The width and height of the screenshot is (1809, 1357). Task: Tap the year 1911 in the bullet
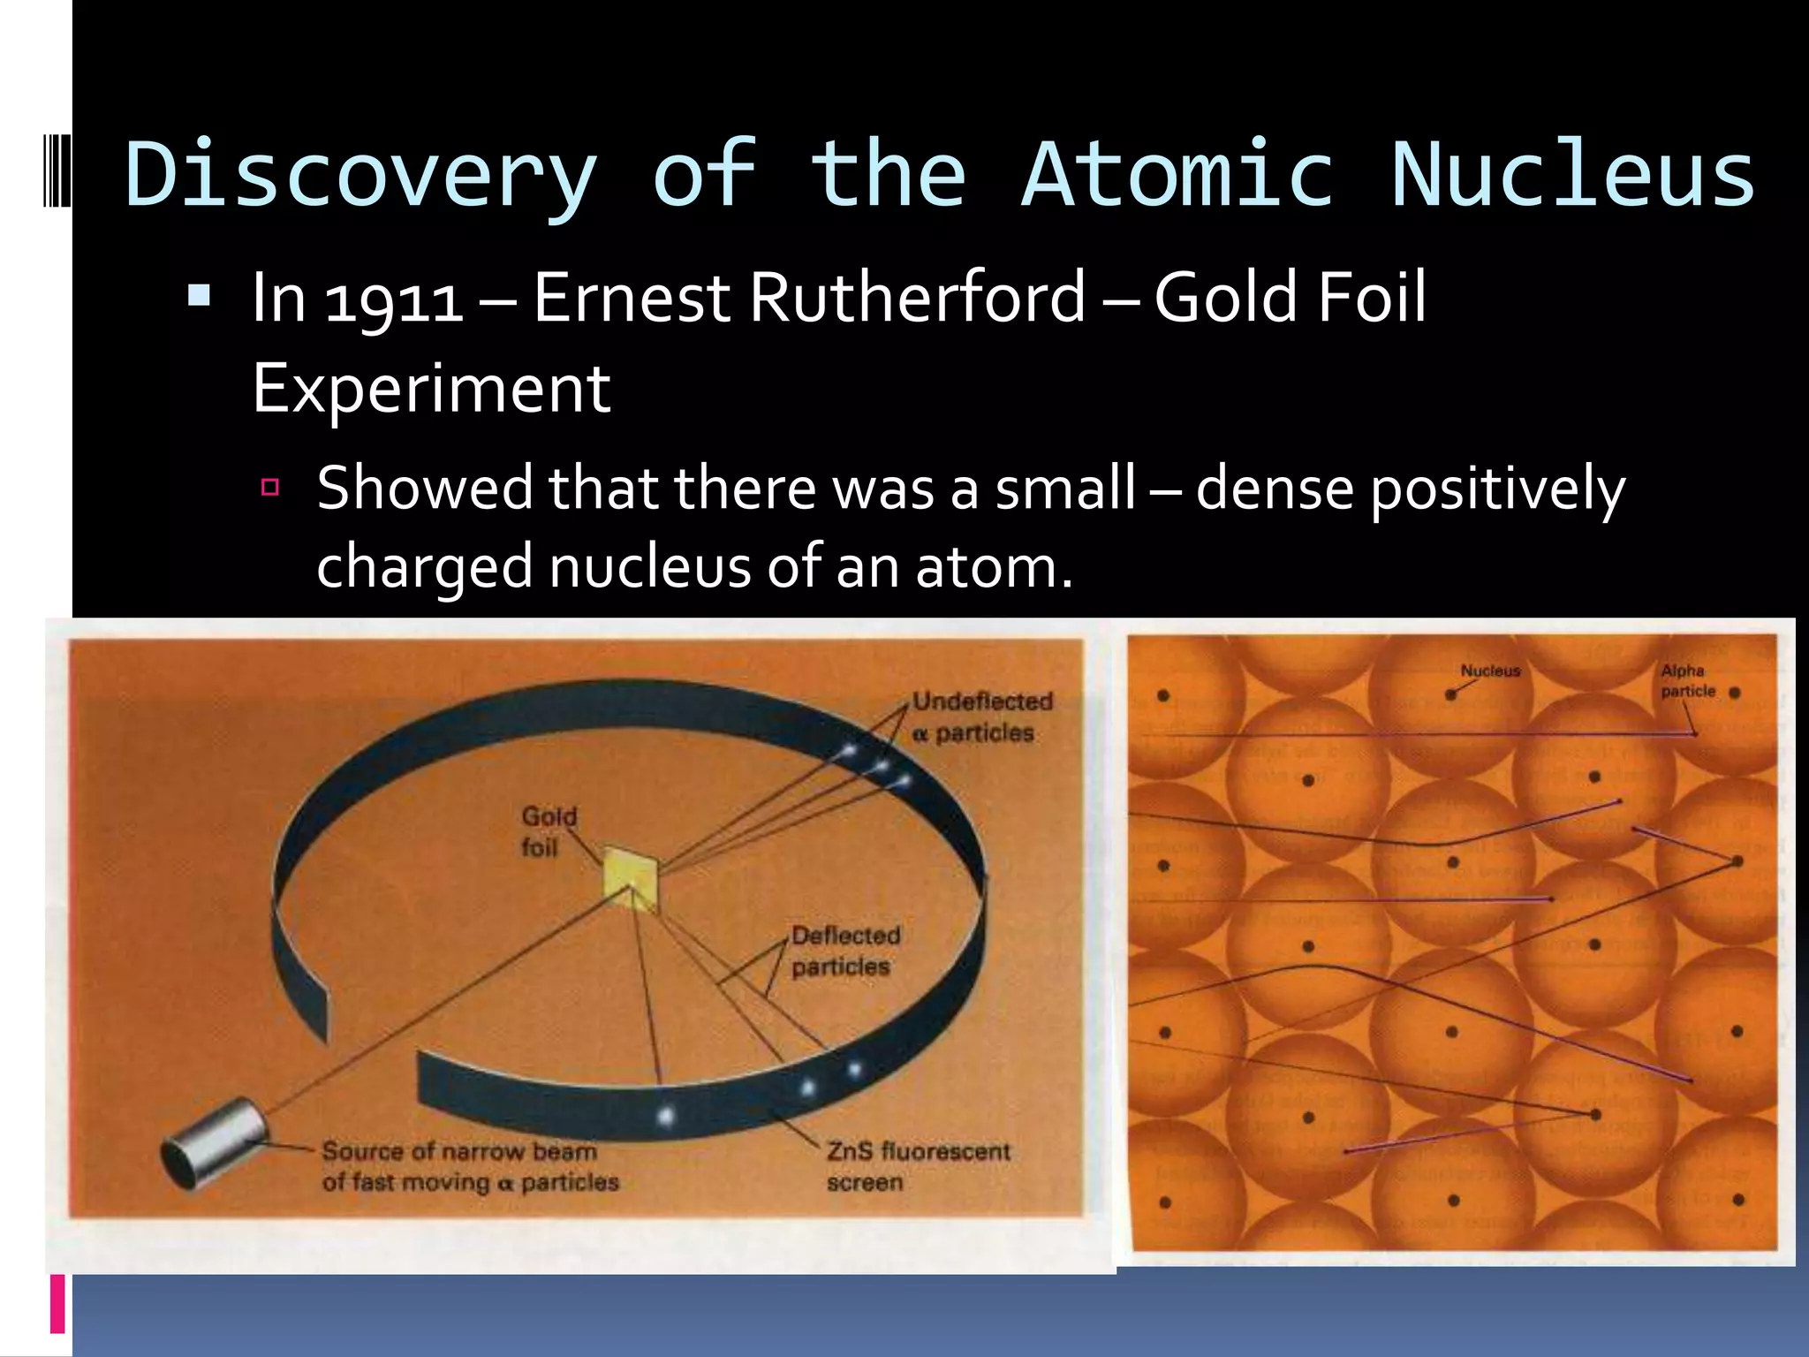click(x=394, y=300)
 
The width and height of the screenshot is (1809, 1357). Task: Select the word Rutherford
click(x=916, y=299)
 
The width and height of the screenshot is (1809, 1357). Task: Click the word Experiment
click(x=431, y=389)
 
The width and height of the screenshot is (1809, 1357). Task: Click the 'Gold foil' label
click(x=547, y=831)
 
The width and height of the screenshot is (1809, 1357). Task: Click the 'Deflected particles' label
click(x=844, y=951)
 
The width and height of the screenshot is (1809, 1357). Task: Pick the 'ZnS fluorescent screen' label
click(x=917, y=1166)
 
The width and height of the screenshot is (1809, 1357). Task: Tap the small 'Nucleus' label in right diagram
click(x=1490, y=671)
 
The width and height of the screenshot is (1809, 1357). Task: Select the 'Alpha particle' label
click(x=1686, y=680)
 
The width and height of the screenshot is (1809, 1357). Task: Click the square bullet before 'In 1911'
click(x=200, y=295)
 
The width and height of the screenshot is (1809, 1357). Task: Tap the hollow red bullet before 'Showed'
click(x=270, y=487)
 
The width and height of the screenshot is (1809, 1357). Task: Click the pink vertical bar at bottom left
click(x=57, y=1303)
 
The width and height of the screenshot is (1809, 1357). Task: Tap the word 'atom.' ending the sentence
click(x=994, y=568)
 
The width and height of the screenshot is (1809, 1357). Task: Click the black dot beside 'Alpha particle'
click(x=1735, y=694)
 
